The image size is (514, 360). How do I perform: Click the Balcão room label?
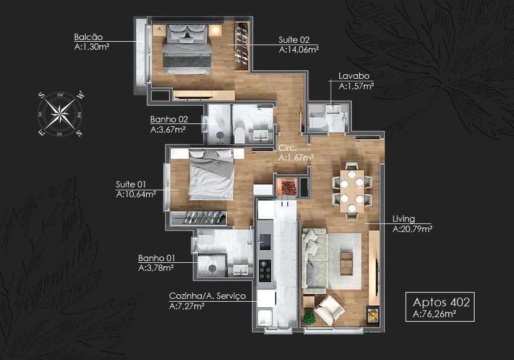(88, 37)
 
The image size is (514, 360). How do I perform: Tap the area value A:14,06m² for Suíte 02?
(299, 50)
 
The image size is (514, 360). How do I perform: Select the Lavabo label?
(354, 76)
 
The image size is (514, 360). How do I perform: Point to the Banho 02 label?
(169, 119)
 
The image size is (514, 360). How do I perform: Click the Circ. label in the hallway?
(287, 148)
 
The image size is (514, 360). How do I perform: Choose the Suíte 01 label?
(131, 184)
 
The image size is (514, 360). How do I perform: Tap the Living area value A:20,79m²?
(412, 229)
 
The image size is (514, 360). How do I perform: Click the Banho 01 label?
(156, 258)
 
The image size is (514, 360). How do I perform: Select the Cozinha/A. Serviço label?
(207, 296)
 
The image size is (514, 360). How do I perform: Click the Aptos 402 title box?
(440, 306)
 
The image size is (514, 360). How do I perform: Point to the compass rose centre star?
(61, 114)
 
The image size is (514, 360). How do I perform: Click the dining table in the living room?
(352, 191)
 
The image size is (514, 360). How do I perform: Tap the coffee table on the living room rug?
(346, 263)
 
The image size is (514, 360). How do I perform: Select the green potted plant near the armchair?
(308, 318)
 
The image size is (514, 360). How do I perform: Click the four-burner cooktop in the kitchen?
(265, 270)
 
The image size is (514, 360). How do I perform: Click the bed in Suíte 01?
(211, 174)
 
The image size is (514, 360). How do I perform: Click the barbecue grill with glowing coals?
(287, 187)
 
